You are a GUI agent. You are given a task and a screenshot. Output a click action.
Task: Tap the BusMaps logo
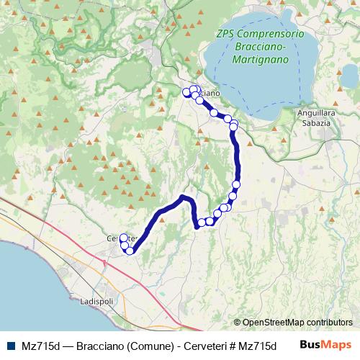click(x=326, y=345)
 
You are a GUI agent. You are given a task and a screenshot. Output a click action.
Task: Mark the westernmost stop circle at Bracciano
click(x=186, y=92)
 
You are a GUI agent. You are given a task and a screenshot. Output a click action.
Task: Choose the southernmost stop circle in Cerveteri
click(x=130, y=251)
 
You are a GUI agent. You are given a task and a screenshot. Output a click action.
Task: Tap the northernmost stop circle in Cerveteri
click(x=123, y=237)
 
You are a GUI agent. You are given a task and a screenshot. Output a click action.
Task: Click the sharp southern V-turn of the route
click(x=197, y=227)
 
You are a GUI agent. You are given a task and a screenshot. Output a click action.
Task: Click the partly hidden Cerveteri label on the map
click(x=115, y=238)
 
